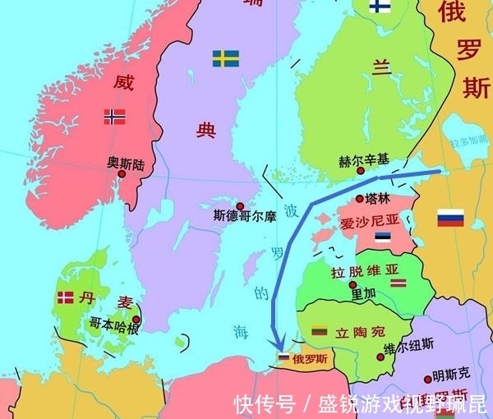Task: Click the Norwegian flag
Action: [x=114, y=117]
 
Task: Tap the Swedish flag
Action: [x=225, y=58]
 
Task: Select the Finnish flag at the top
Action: [x=380, y=7]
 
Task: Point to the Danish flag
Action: [x=65, y=298]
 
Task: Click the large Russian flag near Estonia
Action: [x=450, y=218]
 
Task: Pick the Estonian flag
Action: [x=382, y=237]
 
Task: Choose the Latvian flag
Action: [x=398, y=283]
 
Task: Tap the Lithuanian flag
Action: [x=320, y=331]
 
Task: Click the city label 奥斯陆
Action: [x=126, y=163]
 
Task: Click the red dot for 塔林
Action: [x=359, y=198]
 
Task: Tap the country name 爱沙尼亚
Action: [x=369, y=221]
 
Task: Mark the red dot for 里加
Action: [x=352, y=285]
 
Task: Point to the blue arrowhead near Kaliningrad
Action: [x=280, y=343]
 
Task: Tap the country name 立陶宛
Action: [x=360, y=333]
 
